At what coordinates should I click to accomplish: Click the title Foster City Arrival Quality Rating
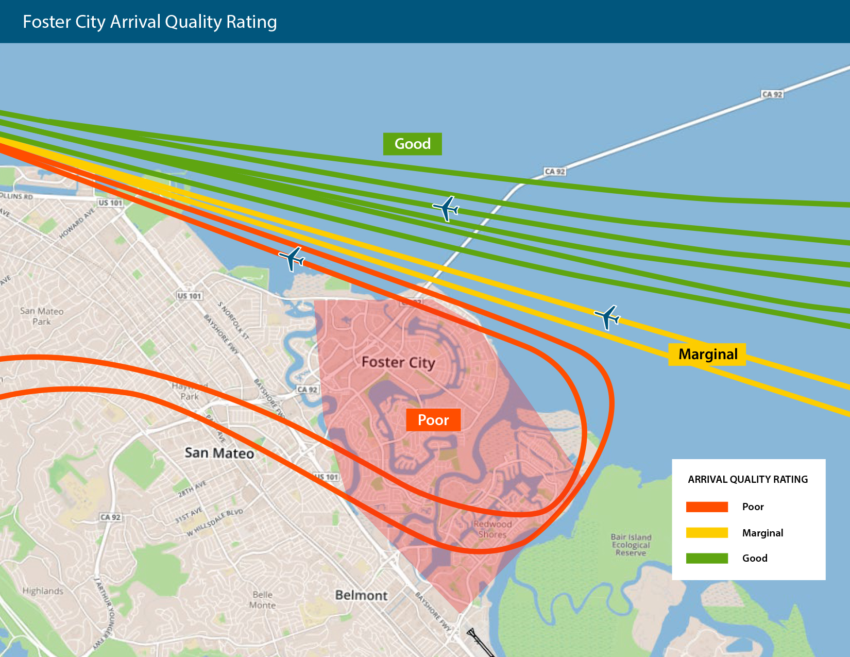(x=150, y=22)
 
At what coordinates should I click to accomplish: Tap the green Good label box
(x=412, y=144)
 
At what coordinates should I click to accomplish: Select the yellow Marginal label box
(x=707, y=355)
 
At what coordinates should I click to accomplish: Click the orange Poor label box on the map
(x=433, y=420)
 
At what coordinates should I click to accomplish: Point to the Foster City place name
(x=398, y=362)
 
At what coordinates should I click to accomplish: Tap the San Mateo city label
(x=219, y=453)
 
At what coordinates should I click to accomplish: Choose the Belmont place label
(x=361, y=596)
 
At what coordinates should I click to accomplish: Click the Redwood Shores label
(x=492, y=529)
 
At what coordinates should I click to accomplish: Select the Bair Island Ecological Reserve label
(x=631, y=545)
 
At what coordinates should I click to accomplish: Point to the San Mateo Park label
(x=42, y=316)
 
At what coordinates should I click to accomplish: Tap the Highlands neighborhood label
(x=43, y=591)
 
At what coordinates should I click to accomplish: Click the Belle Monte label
(x=263, y=600)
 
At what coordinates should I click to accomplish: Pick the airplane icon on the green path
(x=446, y=209)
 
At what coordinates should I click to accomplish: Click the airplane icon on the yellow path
(x=608, y=316)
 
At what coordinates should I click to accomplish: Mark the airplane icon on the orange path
(x=292, y=258)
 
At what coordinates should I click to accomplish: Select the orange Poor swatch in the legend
(x=707, y=507)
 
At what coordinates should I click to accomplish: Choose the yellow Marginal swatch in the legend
(x=707, y=533)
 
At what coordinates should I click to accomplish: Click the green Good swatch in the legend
(x=707, y=558)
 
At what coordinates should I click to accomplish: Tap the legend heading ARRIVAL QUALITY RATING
(x=747, y=480)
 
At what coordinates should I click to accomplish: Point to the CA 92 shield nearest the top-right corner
(x=772, y=94)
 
